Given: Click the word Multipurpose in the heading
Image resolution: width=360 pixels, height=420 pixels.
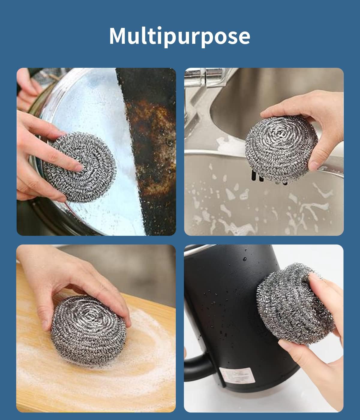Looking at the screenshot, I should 179,36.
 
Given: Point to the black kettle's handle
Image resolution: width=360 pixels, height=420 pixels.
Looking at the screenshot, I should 195,364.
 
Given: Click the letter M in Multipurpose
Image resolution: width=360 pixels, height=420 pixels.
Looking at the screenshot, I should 117,36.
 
